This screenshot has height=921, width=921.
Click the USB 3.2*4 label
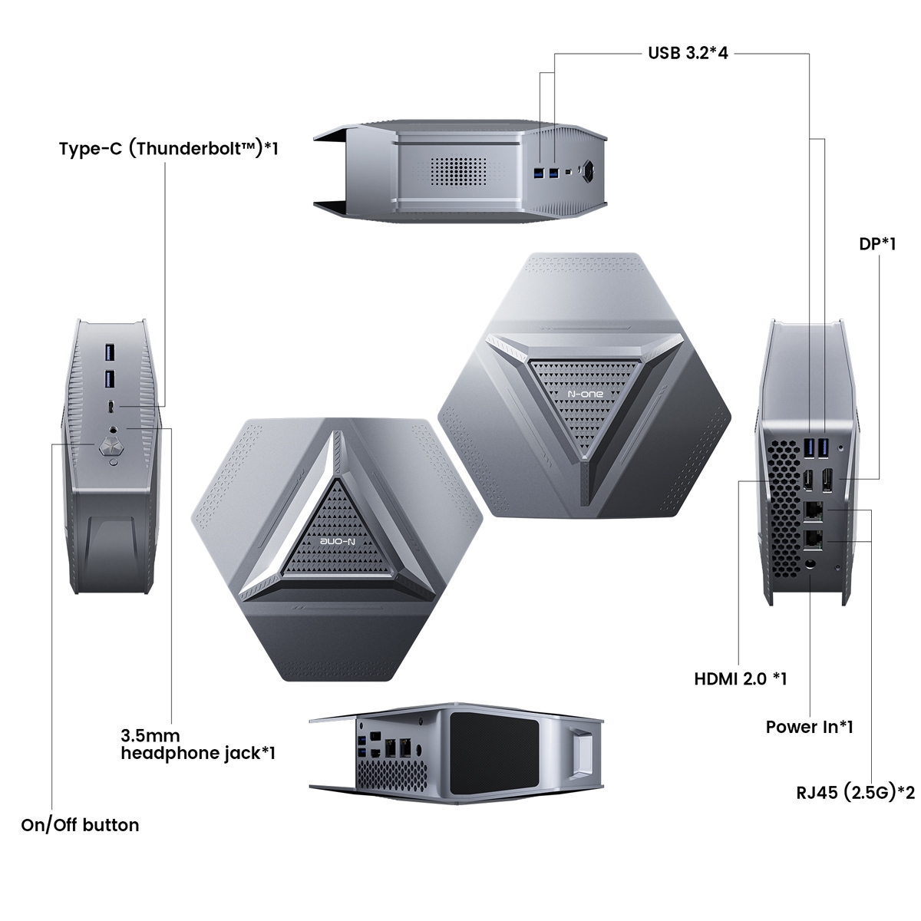tap(688, 53)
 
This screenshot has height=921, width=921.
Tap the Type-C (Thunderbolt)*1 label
tap(169, 149)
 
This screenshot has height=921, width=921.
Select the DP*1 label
tap(877, 244)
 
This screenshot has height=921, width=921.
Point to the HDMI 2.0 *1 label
tap(740, 678)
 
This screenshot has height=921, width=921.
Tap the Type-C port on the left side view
tap(111, 407)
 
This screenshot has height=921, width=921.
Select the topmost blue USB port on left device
tap(111, 352)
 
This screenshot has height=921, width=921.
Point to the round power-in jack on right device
tap(810, 566)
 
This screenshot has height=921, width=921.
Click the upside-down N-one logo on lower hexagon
tap(337, 541)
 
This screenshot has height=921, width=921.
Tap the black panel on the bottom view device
tap(495, 762)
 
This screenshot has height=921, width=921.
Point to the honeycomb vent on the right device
tap(784, 509)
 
